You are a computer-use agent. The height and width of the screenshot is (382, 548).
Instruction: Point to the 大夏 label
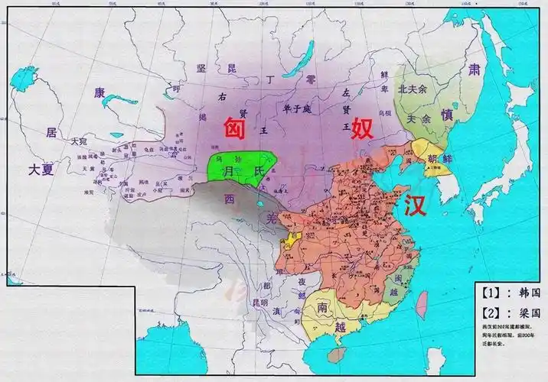(x=40, y=170)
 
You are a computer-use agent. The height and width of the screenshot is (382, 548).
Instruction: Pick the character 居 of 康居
(x=51, y=133)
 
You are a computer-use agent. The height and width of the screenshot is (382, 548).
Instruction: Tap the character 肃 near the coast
(x=474, y=70)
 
